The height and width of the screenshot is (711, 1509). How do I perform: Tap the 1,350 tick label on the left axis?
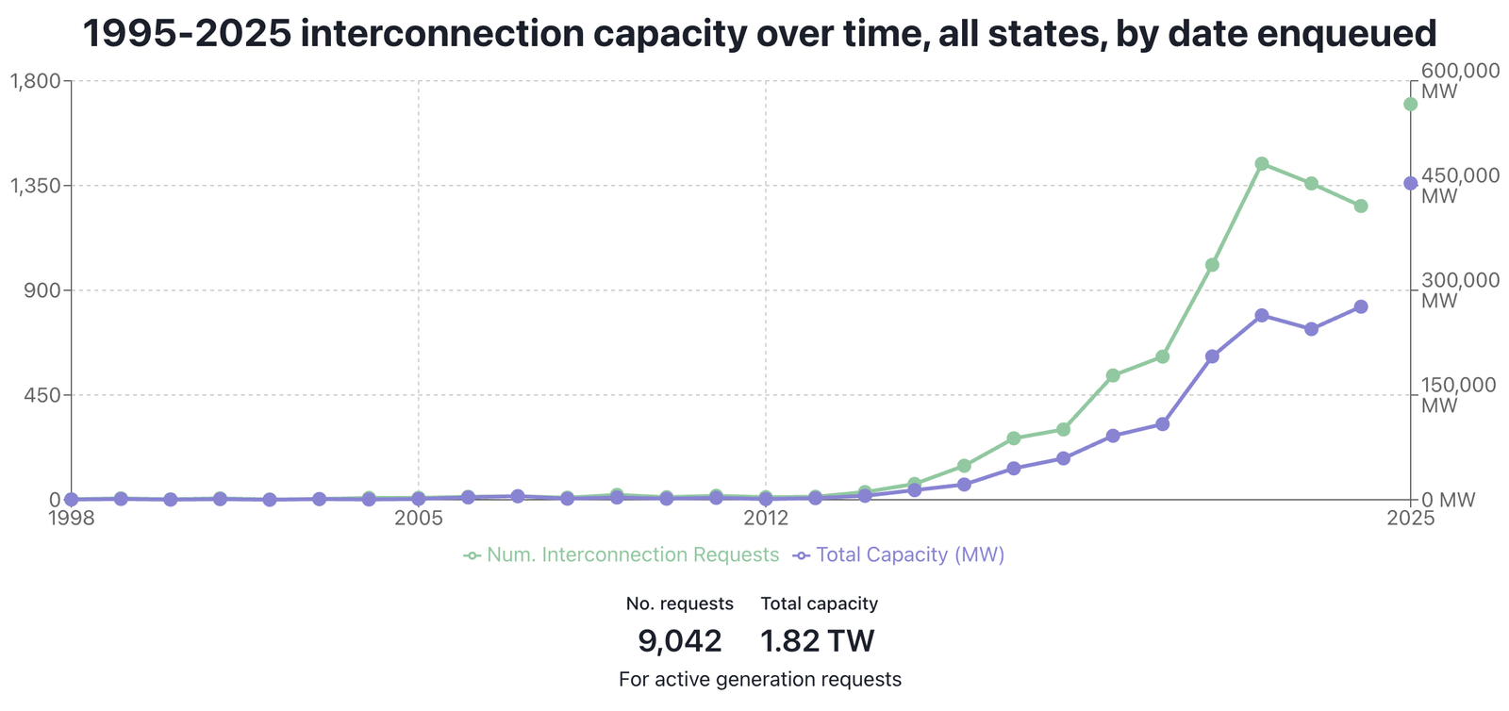pyautogui.click(x=35, y=186)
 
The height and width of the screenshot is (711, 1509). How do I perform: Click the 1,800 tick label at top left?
pyautogui.click(x=35, y=81)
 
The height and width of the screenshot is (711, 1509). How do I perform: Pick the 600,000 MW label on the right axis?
pyautogui.click(x=1460, y=81)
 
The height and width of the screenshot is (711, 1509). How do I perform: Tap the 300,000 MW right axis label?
pyautogui.click(x=1460, y=290)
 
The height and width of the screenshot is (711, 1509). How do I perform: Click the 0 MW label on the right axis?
pyautogui.click(x=1448, y=500)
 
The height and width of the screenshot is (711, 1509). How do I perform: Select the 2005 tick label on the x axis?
pyautogui.click(x=418, y=518)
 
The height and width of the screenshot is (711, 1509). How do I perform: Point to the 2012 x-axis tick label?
pyautogui.click(x=765, y=518)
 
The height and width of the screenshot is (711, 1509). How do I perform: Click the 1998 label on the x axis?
pyautogui.click(x=71, y=518)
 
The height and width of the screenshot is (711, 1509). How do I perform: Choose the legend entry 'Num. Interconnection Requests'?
pyautogui.click(x=622, y=554)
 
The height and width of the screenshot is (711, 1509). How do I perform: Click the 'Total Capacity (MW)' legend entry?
pyautogui.click(x=900, y=554)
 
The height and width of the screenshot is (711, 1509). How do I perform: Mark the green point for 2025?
pyautogui.click(x=1410, y=104)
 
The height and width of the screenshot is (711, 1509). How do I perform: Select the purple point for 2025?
pyautogui.click(x=1410, y=183)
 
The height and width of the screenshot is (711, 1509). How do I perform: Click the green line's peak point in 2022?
pyautogui.click(x=1262, y=163)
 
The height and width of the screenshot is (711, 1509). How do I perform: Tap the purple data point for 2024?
pyautogui.click(x=1361, y=306)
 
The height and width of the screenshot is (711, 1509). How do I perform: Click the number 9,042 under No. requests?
pyautogui.click(x=679, y=641)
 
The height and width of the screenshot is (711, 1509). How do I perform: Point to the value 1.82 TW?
pyautogui.click(x=818, y=641)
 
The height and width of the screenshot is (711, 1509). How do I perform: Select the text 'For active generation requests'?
pyautogui.click(x=760, y=679)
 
